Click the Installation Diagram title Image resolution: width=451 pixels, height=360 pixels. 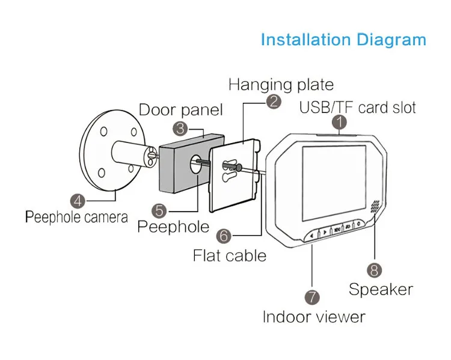coord(343,40)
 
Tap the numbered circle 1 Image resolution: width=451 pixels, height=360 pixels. coord(340,123)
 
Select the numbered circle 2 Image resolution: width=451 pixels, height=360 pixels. coord(274,101)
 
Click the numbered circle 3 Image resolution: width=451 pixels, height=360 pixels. coord(180,127)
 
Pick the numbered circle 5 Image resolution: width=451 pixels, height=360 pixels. coord(159,210)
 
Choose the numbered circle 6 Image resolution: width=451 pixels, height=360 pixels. coord(224,236)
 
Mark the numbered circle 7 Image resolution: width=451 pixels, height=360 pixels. coord(311,297)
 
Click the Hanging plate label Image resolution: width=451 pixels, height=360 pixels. coord(281,84)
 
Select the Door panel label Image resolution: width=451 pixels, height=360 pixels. coord(181,110)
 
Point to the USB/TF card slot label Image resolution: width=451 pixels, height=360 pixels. coord(358,108)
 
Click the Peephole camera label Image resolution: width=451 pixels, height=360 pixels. coord(76,217)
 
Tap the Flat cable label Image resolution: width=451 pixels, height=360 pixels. coord(229,255)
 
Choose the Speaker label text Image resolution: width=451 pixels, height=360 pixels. coord(381,289)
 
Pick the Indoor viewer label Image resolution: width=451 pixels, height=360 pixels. coord(314,316)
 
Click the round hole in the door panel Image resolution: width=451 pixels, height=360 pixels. coord(197,163)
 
